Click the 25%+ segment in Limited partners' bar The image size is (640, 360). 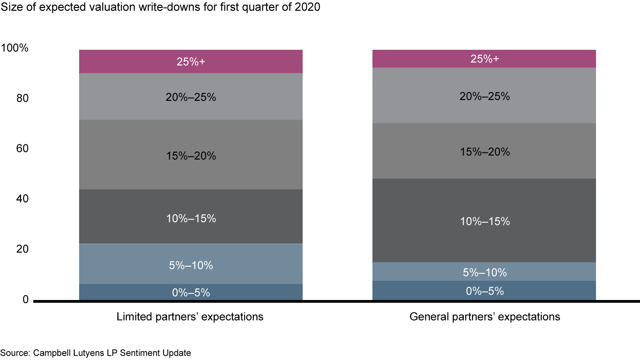click(191, 61)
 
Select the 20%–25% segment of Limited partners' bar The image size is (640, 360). click(191, 96)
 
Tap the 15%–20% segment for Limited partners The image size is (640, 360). click(191, 155)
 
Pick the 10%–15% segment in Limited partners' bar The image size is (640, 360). click(191, 216)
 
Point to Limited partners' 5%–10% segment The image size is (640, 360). click(191, 264)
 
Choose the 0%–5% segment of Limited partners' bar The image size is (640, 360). click(191, 292)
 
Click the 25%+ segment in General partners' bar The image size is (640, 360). click(484, 59)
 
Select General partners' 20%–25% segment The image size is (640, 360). click(484, 95)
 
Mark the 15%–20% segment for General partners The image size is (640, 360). click(484, 151)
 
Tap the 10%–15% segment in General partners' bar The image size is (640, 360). click(484, 220)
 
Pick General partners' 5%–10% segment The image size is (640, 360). click(484, 272)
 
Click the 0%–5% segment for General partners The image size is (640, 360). click(484, 291)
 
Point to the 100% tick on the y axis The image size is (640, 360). click(15, 48)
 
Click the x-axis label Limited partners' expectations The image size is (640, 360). click(190, 317)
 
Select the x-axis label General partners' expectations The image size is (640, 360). click(484, 317)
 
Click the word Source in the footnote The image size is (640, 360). click(14, 353)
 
